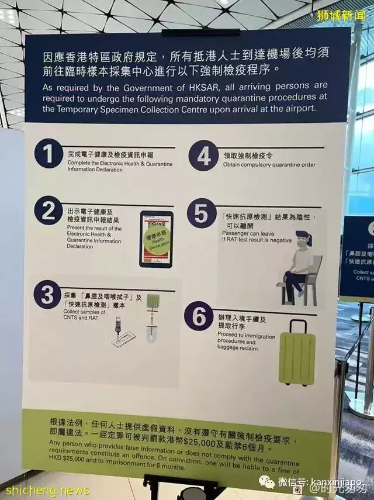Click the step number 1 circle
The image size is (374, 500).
(48, 154)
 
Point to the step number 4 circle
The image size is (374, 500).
(202, 156)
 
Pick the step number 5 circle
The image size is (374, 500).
(201, 214)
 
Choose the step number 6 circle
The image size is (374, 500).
(198, 317)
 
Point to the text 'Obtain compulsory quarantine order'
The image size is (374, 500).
(269, 165)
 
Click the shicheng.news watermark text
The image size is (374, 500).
(46, 490)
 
